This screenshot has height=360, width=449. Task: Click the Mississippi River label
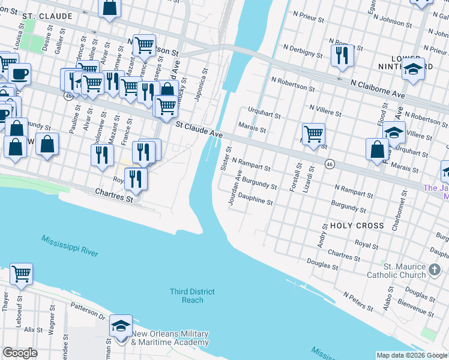pos(70,246)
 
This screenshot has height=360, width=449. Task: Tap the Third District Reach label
pos(192,296)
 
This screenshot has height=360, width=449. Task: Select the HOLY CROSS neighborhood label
pos(357,226)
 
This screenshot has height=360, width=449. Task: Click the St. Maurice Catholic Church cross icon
pos(435,271)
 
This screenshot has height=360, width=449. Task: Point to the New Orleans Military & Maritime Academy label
pos(170,338)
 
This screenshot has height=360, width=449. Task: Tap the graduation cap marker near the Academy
pos(121,326)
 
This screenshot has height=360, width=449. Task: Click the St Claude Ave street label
pos(200,128)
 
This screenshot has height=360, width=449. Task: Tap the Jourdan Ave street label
pos(234,188)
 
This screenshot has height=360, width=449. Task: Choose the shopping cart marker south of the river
pos(21,274)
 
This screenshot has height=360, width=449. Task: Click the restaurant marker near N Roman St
pos(342,55)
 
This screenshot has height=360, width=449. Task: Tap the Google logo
pos(20,353)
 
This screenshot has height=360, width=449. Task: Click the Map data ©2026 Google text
pos(411,355)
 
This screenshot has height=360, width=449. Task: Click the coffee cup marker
pos(19,74)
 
